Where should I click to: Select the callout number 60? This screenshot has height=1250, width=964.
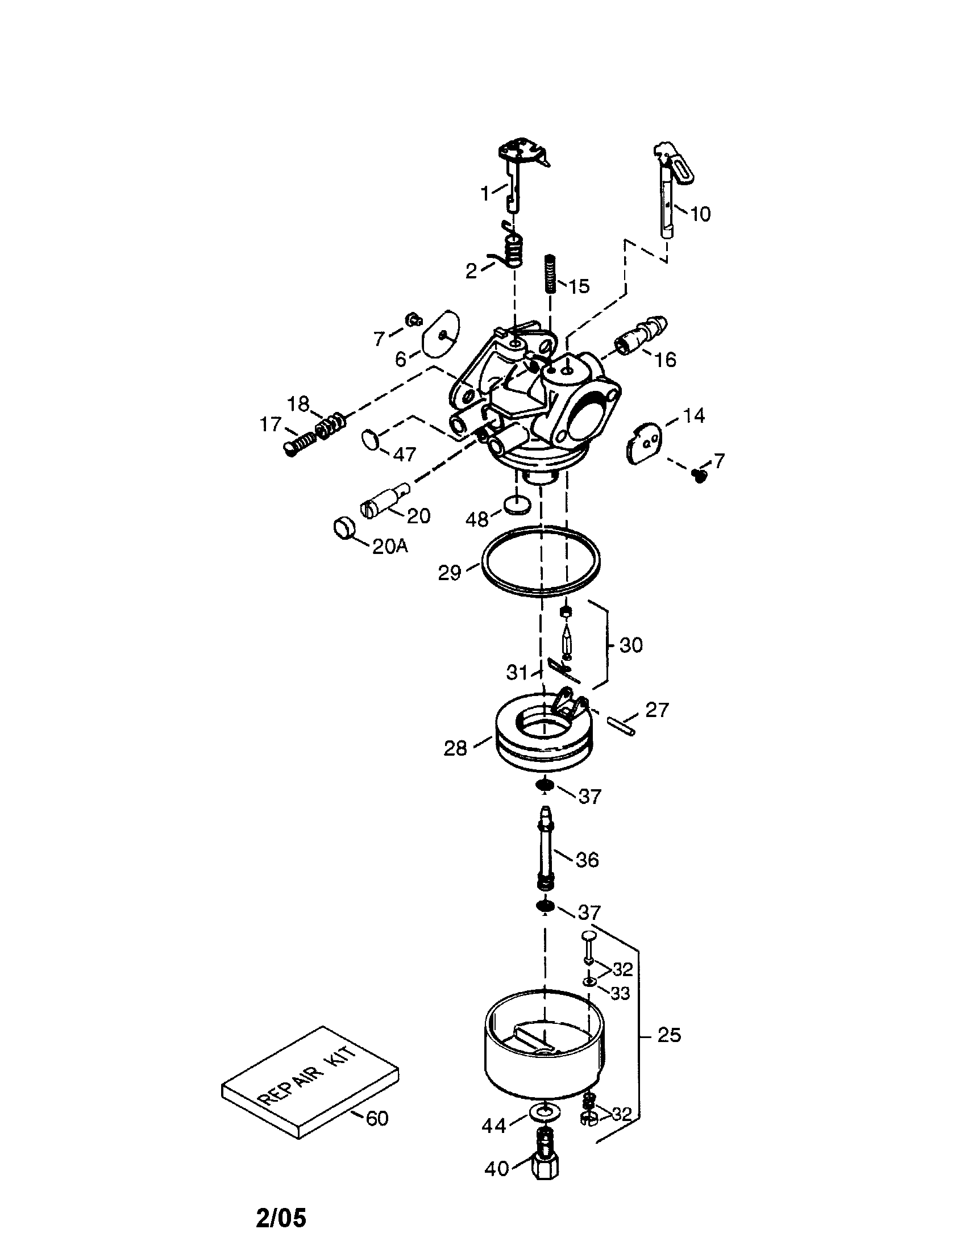(x=377, y=1118)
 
